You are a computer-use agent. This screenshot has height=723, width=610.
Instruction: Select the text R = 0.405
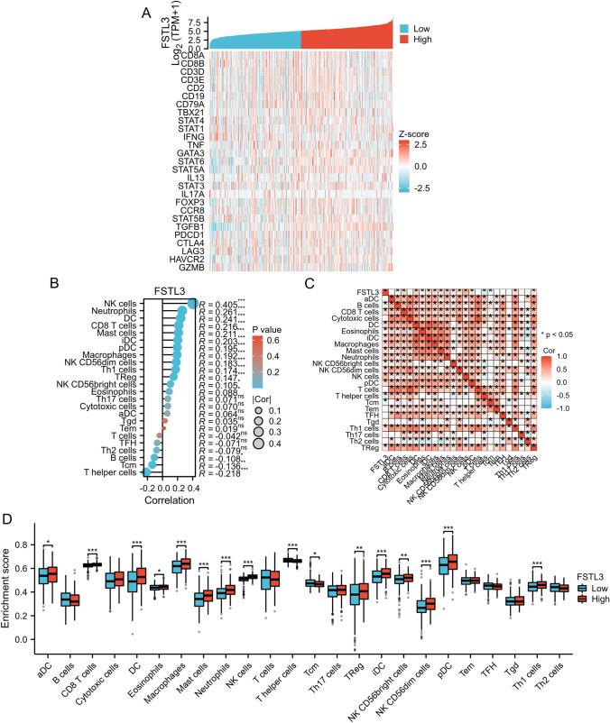(x=221, y=303)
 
